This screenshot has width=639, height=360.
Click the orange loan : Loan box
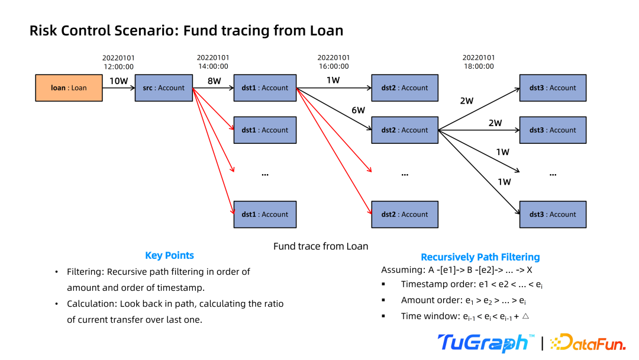point(69,88)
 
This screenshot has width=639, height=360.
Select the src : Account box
point(164,88)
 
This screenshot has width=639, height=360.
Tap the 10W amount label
point(118,81)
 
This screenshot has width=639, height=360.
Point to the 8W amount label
point(214,81)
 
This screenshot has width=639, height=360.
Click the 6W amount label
point(358,110)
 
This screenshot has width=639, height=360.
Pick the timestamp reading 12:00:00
point(118,67)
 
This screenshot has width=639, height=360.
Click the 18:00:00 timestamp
point(478,67)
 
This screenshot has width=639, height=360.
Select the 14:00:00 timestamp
point(212,67)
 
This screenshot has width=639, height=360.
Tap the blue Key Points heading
point(169,256)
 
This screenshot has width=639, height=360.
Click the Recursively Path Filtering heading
point(480,257)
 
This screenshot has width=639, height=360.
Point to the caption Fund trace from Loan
point(321,246)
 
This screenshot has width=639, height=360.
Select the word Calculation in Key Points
point(91,304)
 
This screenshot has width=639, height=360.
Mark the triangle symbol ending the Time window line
point(525,316)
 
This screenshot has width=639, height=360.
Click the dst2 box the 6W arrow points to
point(405,130)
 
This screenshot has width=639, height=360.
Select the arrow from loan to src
point(118,88)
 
